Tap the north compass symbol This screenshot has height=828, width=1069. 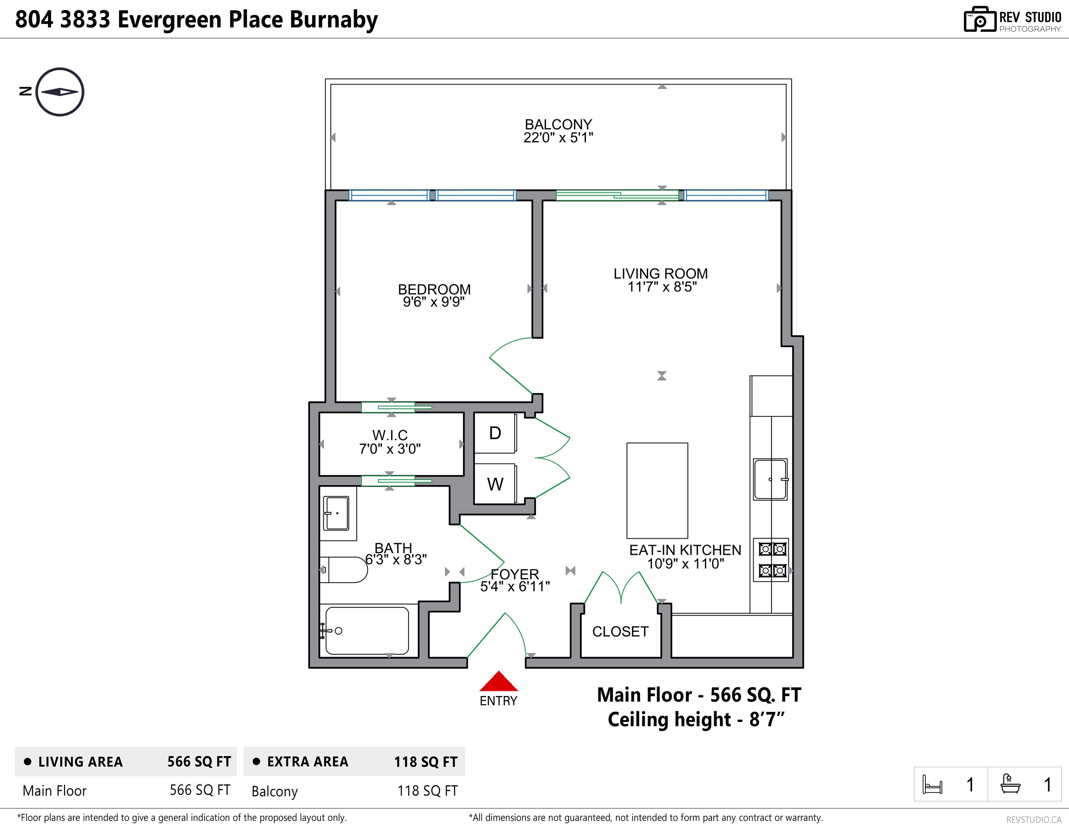60,92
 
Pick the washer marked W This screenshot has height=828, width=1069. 495,484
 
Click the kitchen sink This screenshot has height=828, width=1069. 770,479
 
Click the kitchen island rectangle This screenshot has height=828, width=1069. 657,491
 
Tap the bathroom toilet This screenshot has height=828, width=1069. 344,570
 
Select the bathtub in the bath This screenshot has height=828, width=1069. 367,631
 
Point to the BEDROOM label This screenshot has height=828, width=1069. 434,289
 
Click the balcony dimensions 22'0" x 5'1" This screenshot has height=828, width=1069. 558,138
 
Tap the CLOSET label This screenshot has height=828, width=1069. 620,632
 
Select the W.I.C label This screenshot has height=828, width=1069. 390,435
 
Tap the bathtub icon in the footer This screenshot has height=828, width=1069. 1010,783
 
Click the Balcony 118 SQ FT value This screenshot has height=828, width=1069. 427,791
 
